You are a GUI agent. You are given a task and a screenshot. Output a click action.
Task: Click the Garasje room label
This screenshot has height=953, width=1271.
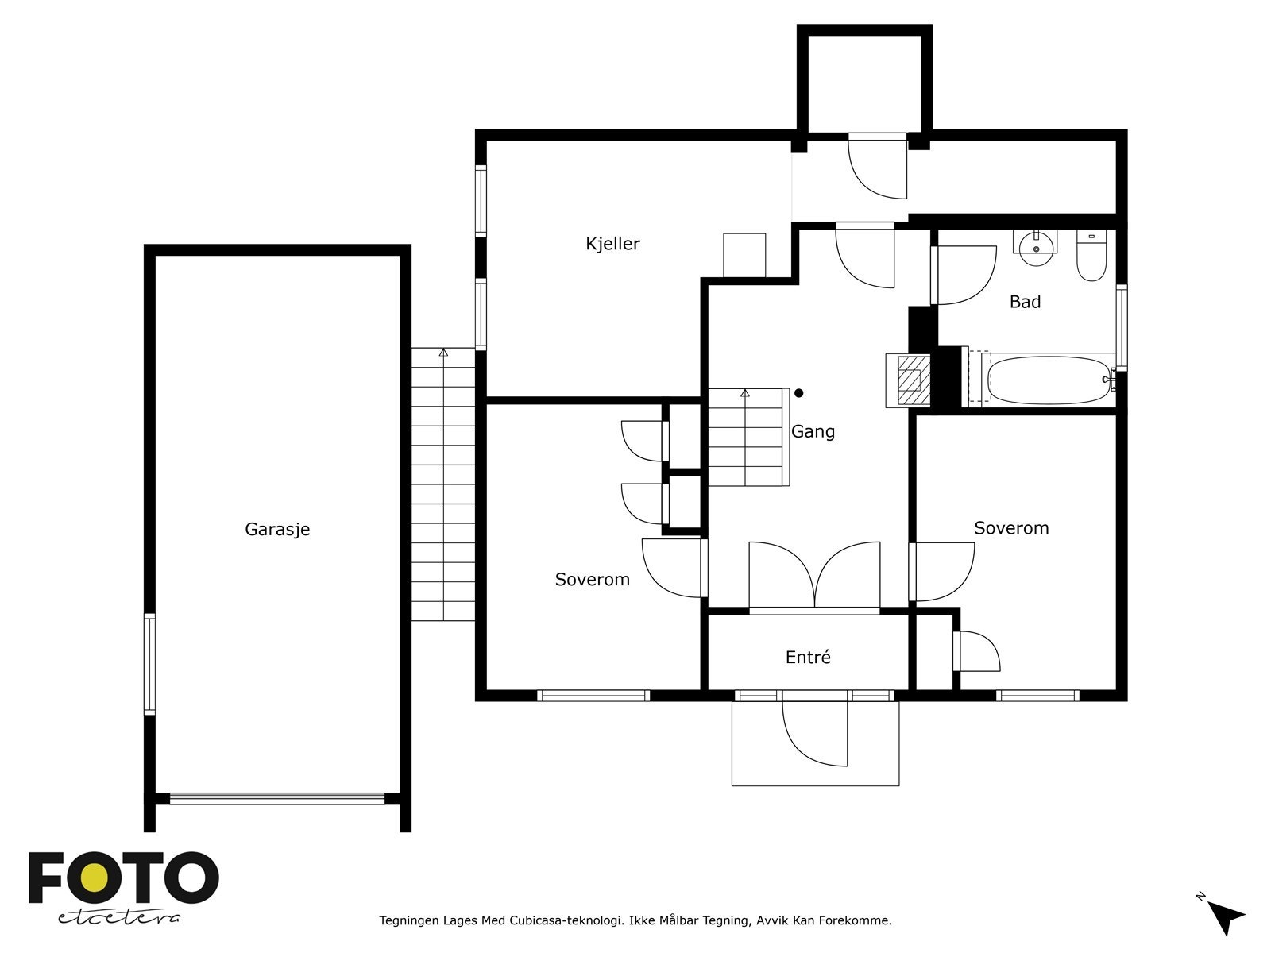(x=277, y=530)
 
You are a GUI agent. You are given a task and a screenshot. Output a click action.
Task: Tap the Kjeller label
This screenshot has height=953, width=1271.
(x=612, y=244)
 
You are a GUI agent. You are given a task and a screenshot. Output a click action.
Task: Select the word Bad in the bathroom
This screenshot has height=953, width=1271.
(x=1025, y=302)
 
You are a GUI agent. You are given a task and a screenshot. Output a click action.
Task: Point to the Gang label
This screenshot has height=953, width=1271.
(x=813, y=432)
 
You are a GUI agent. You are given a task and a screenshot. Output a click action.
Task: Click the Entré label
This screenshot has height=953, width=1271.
(x=808, y=657)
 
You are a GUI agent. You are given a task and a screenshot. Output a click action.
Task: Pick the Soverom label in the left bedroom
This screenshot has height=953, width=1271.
(x=593, y=579)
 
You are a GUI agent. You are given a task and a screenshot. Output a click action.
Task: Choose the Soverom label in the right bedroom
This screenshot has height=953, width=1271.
(x=1011, y=527)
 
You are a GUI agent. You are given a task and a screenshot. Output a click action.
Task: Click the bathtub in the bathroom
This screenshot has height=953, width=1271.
(x=1049, y=380)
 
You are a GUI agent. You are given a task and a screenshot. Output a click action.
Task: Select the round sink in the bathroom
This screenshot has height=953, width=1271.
(x=1036, y=248)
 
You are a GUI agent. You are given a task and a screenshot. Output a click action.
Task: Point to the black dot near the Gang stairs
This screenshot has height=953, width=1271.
(x=799, y=393)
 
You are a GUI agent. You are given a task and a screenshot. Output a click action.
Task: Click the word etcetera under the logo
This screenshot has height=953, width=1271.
(x=118, y=918)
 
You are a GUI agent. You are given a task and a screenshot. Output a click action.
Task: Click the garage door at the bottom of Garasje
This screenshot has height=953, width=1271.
(x=276, y=798)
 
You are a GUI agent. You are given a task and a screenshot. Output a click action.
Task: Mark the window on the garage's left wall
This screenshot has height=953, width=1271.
(x=149, y=664)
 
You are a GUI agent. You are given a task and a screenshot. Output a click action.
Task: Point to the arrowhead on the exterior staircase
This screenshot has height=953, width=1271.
(x=443, y=353)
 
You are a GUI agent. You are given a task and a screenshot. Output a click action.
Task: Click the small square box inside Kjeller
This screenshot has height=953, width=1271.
(x=744, y=255)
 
